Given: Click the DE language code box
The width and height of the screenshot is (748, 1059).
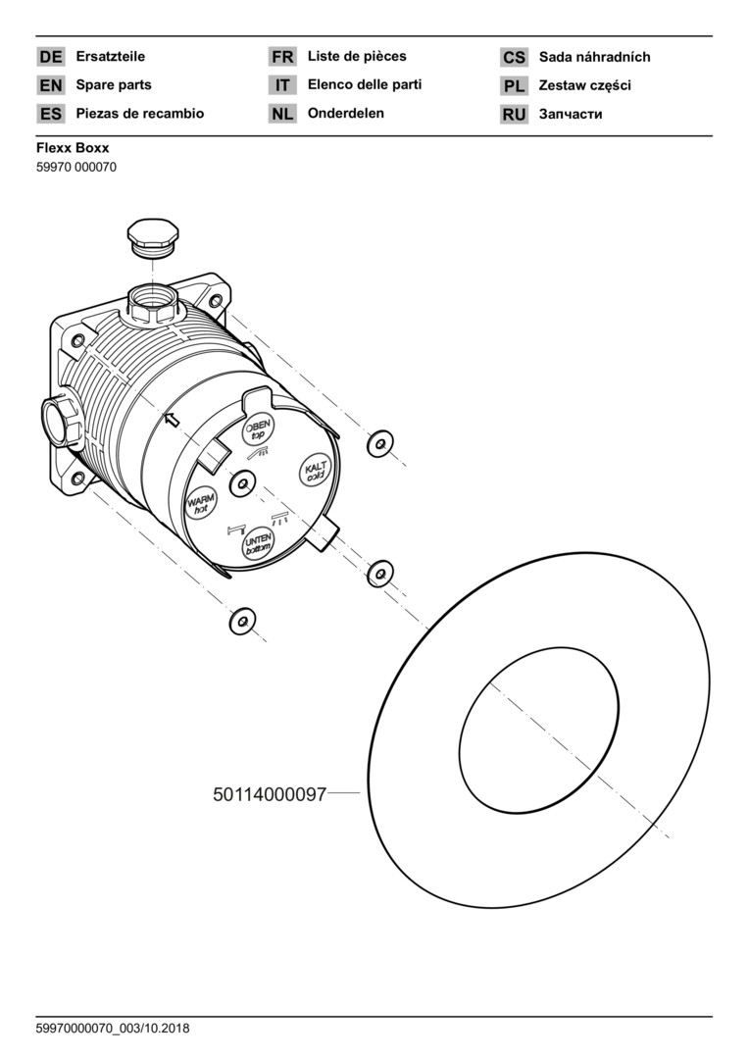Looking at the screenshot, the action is pos(51,57).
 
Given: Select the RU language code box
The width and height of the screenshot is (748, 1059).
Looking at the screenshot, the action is pos(514,114).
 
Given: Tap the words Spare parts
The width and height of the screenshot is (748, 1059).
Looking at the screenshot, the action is pos(114,85).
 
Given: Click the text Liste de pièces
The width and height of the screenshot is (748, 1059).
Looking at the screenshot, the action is pos(357,56).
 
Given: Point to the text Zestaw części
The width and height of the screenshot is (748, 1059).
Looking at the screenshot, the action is pos(584,85).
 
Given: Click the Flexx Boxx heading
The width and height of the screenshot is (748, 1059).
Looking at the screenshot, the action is pos(73,148).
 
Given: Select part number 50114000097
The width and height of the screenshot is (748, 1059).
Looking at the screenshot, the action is pos(270,794).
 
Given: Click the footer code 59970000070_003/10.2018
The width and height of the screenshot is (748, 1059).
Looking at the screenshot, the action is pos(113,1029).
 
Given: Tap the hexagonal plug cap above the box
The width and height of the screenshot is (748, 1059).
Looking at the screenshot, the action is pos(153,236).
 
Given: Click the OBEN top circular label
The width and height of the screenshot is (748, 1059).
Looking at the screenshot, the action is pos(257,429).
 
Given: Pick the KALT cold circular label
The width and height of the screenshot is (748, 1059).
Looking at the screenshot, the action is pos(316,470).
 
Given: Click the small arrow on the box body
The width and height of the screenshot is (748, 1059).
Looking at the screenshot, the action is pos(173,420).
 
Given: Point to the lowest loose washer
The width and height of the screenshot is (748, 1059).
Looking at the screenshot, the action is pos(242,621).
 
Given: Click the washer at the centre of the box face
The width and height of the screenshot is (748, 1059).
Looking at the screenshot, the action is pos(242,483).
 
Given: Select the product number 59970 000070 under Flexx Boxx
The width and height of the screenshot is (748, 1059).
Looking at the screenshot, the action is pos(76,167).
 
